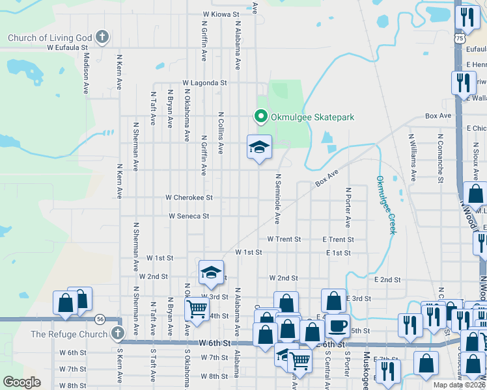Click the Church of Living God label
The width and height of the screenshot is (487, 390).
click(x=49, y=38)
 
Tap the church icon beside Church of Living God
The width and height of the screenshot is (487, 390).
click(x=102, y=37)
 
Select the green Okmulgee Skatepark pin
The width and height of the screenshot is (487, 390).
click(x=261, y=117)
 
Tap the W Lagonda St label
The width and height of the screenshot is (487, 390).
click(x=204, y=83)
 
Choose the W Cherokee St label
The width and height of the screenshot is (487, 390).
click(x=189, y=197)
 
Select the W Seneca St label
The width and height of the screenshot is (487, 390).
click(x=189, y=216)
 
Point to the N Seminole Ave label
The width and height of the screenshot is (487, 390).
click(x=277, y=199)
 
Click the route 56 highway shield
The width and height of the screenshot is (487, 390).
click(x=100, y=319)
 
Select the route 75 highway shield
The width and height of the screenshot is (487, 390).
click(x=460, y=39)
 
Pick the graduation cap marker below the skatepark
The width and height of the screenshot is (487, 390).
click(x=259, y=147)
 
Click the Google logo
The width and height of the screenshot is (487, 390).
click(x=22, y=382)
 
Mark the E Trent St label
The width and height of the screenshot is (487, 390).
click(x=337, y=240)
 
